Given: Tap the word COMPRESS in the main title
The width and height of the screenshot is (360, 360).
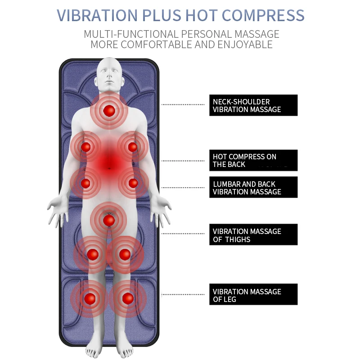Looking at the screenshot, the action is click(x=263, y=15).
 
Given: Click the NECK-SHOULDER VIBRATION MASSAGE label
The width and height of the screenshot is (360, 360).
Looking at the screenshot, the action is click(x=253, y=105).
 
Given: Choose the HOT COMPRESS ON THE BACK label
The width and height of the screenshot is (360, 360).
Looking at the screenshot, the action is click(x=253, y=160).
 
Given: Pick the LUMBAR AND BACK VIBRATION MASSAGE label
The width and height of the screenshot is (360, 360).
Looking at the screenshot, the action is click(x=253, y=187).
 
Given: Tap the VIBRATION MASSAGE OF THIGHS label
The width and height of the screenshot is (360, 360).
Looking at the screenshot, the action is click(x=253, y=235).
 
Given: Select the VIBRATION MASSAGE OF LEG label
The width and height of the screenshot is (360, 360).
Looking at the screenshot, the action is click(x=253, y=295).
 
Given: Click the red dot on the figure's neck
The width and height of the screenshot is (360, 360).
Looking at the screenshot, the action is click(x=108, y=110).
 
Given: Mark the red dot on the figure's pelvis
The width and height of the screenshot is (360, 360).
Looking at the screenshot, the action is click(x=108, y=220).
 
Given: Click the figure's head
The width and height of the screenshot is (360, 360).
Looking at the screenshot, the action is click(x=108, y=74).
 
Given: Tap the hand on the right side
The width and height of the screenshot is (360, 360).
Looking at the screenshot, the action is click(x=161, y=211).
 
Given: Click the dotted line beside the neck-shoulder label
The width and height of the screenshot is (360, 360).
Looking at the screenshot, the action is click(x=183, y=104).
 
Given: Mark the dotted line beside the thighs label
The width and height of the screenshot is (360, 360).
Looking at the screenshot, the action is click(x=183, y=234).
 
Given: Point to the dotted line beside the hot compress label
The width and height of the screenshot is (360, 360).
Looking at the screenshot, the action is click(x=183, y=160).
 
